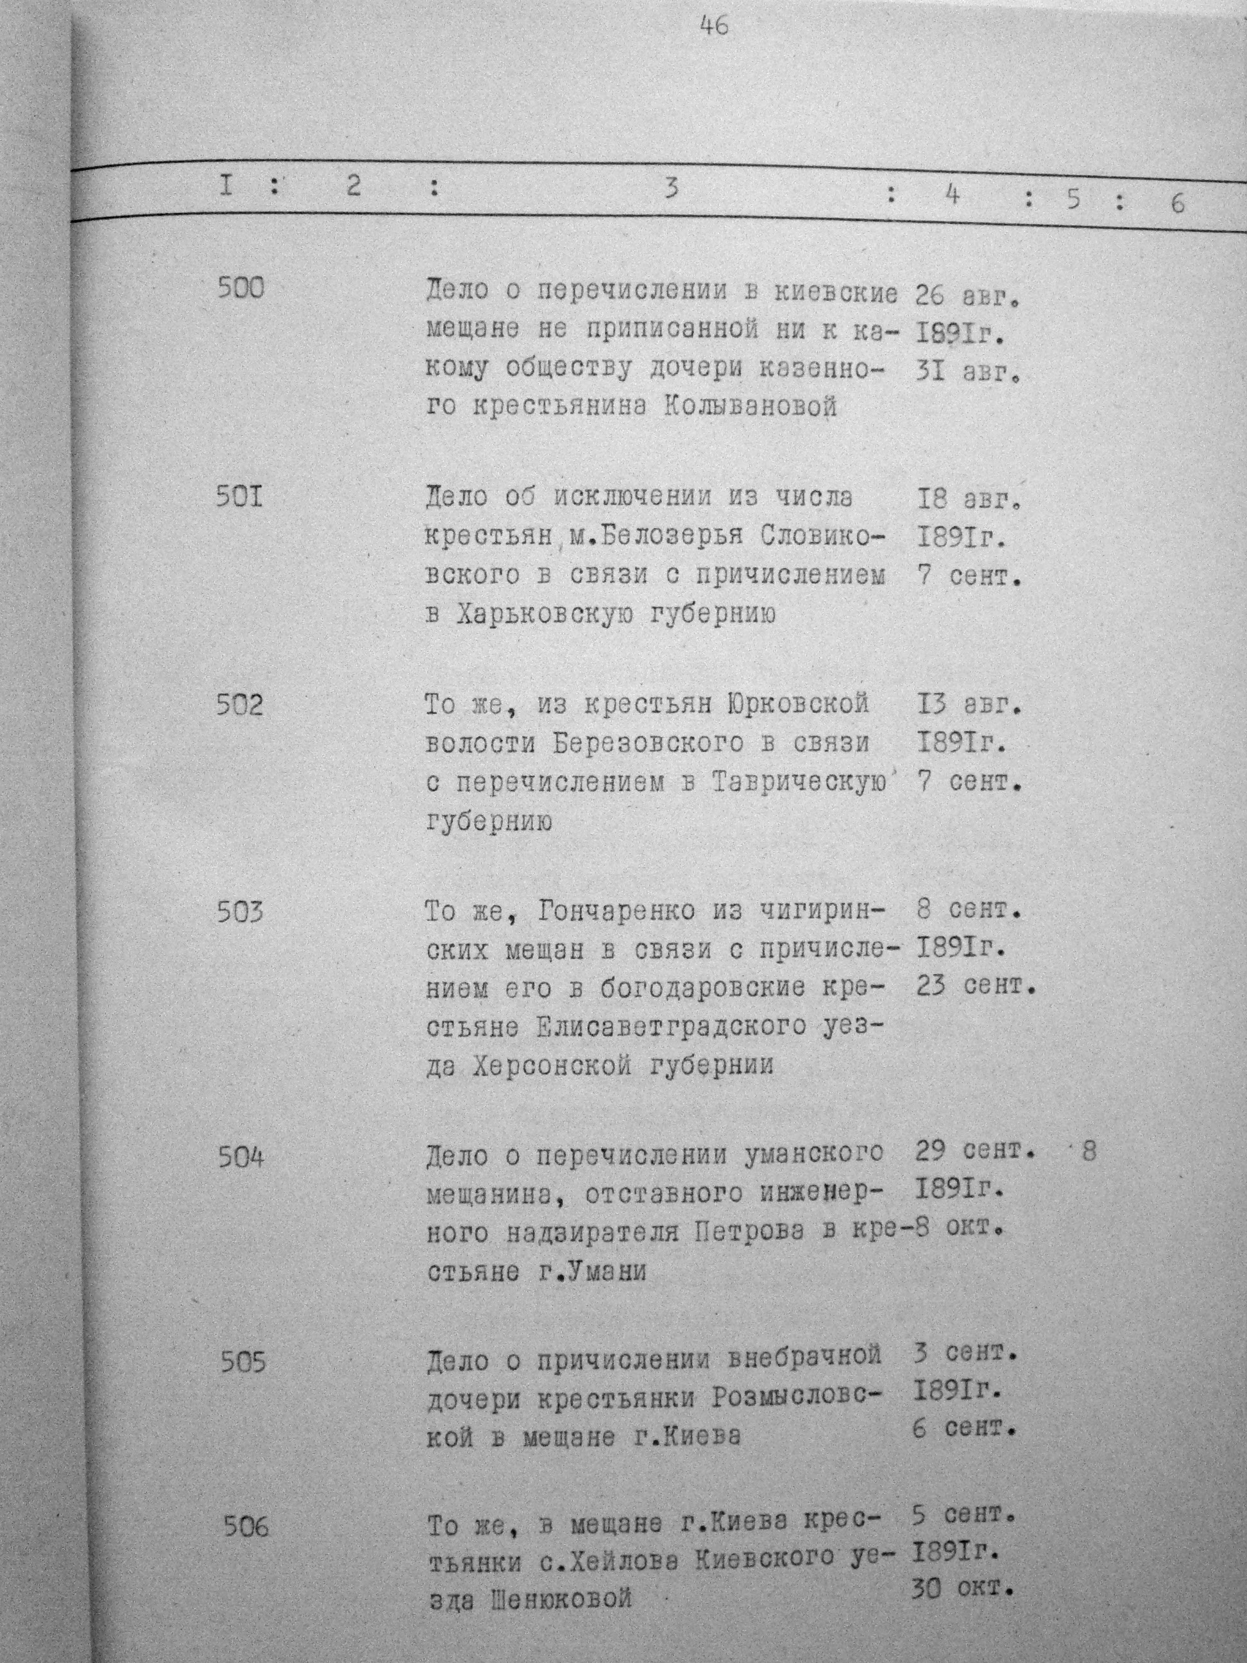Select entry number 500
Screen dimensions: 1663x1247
[x=241, y=288]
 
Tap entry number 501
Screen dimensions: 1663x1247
[x=240, y=497]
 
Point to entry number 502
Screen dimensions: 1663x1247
[x=240, y=705]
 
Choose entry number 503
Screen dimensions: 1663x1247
[x=241, y=913]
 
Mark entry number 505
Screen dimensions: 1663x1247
[x=244, y=1362]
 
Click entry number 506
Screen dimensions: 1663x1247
[x=246, y=1527]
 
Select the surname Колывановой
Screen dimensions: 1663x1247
[x=751, y=408]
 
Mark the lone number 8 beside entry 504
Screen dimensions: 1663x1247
[x=1089, y=1151]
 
